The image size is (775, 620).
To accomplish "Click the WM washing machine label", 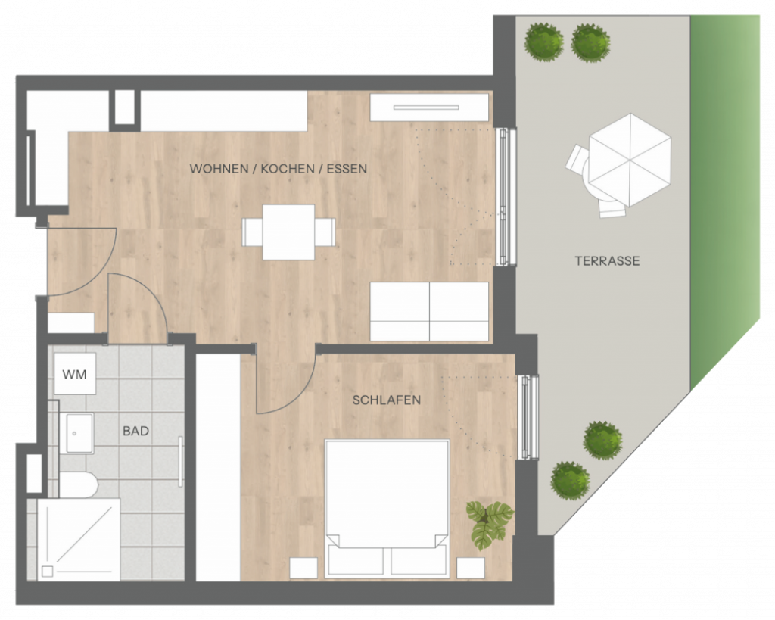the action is [75, 375].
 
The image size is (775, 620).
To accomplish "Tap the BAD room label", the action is [136, 432].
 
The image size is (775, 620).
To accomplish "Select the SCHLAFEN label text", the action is [387, 400].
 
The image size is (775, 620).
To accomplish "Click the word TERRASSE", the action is [608, 261].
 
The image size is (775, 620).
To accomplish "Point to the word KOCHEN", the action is [288, 169].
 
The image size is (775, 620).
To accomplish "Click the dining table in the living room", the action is [288, 232].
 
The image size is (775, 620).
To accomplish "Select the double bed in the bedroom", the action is [387, 509].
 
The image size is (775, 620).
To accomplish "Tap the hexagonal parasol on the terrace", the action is [630, 160].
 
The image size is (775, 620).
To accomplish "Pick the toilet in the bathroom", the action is [79, 484].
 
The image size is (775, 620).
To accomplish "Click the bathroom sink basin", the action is [79, 433].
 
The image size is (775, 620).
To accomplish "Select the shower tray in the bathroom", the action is [79, 540].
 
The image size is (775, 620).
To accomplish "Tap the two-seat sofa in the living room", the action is [429, 311].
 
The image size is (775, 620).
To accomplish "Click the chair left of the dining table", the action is [252, 232].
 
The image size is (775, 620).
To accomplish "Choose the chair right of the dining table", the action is [325, 232].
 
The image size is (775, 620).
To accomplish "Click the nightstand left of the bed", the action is [303, 568].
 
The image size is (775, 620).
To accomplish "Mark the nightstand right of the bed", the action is [471, 568].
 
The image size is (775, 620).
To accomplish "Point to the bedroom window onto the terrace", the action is [528, 417].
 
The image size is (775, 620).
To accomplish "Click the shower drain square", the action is [48, 572].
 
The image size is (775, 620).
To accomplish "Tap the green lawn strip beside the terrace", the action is [724, 198].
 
